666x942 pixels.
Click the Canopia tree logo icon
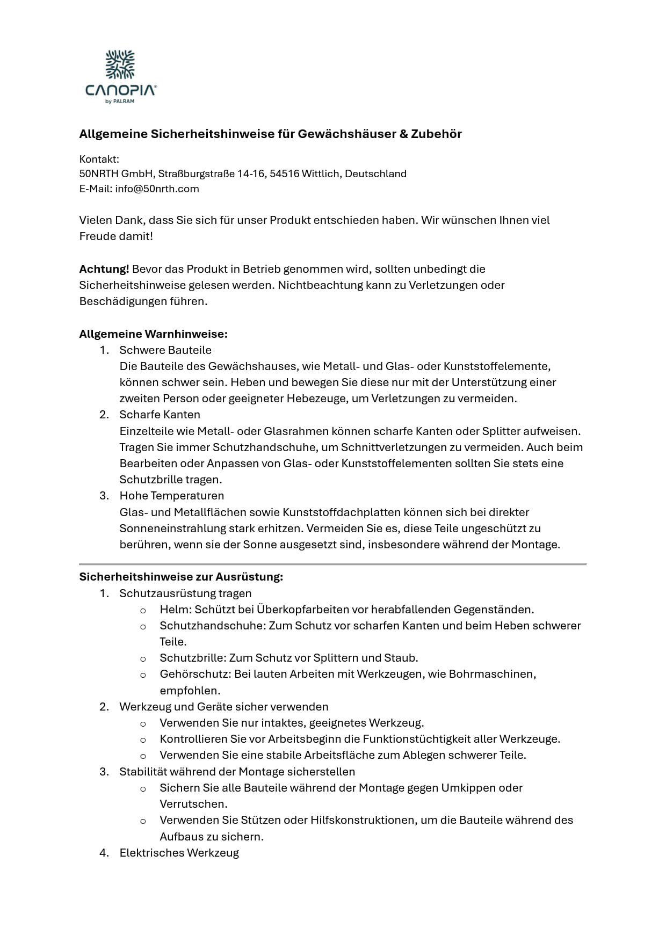(120, 64)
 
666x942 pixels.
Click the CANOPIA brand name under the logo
(121, 90)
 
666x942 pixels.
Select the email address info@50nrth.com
(157, 189)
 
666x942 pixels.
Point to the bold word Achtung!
(104, 269)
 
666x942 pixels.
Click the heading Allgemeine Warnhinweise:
(153, 334)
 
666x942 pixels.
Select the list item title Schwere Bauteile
(165, 350)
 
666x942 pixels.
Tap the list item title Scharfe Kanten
(160, 415)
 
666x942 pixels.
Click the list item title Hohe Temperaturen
(171, 496)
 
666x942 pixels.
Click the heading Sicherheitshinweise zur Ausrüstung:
(181, 577)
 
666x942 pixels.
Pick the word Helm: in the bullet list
(176, 610)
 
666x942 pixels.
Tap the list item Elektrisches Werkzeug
(179, 853)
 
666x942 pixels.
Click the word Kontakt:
(99, 159)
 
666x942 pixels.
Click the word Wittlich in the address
(320, 173)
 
